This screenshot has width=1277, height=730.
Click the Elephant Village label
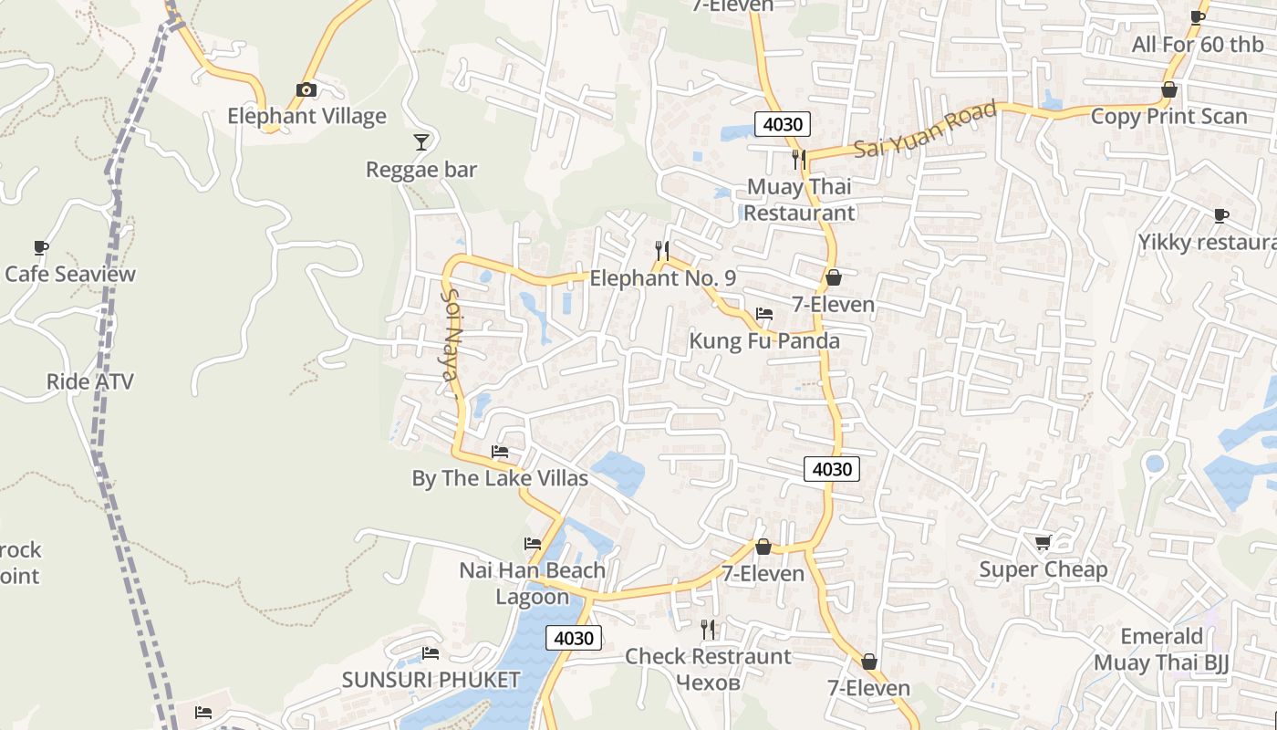tap(306, 116)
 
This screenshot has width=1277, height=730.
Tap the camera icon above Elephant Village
tap(306, 89)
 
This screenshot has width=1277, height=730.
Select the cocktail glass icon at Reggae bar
tap(420, 141)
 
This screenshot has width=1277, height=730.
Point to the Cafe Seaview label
tap(70, 274)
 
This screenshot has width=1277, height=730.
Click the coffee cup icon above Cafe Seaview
tap(41, 247)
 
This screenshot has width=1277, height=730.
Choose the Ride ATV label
tap(89, 381)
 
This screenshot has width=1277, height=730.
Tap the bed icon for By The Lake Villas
tap(499, 451)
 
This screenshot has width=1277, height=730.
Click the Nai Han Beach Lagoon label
tap(532, 583)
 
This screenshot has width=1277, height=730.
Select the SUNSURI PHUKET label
tap(431, 680)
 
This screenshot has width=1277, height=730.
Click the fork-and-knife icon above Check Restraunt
tap(707, 629)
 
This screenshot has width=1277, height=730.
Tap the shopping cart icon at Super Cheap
tap(1043, 542)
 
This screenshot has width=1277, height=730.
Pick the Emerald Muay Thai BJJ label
tap(1161, 650)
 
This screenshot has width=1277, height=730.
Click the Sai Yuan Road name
tap(926, 130)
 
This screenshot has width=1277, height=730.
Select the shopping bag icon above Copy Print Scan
tap(1168, 89)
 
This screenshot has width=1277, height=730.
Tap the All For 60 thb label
tap(1197, 44)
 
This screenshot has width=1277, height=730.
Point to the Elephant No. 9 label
tap(662, 278)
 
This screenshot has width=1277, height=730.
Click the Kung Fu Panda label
tap(763, 341)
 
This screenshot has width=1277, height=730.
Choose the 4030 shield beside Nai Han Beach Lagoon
tap(574, 638)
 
